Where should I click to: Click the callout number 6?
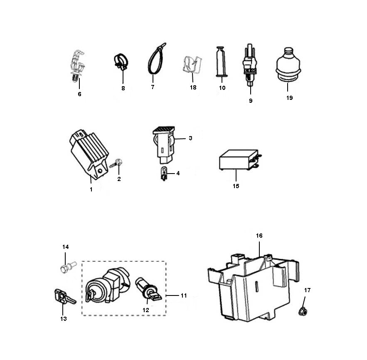[79, 94]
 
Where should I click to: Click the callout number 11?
[183, 295]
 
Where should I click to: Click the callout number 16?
[259, 236]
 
